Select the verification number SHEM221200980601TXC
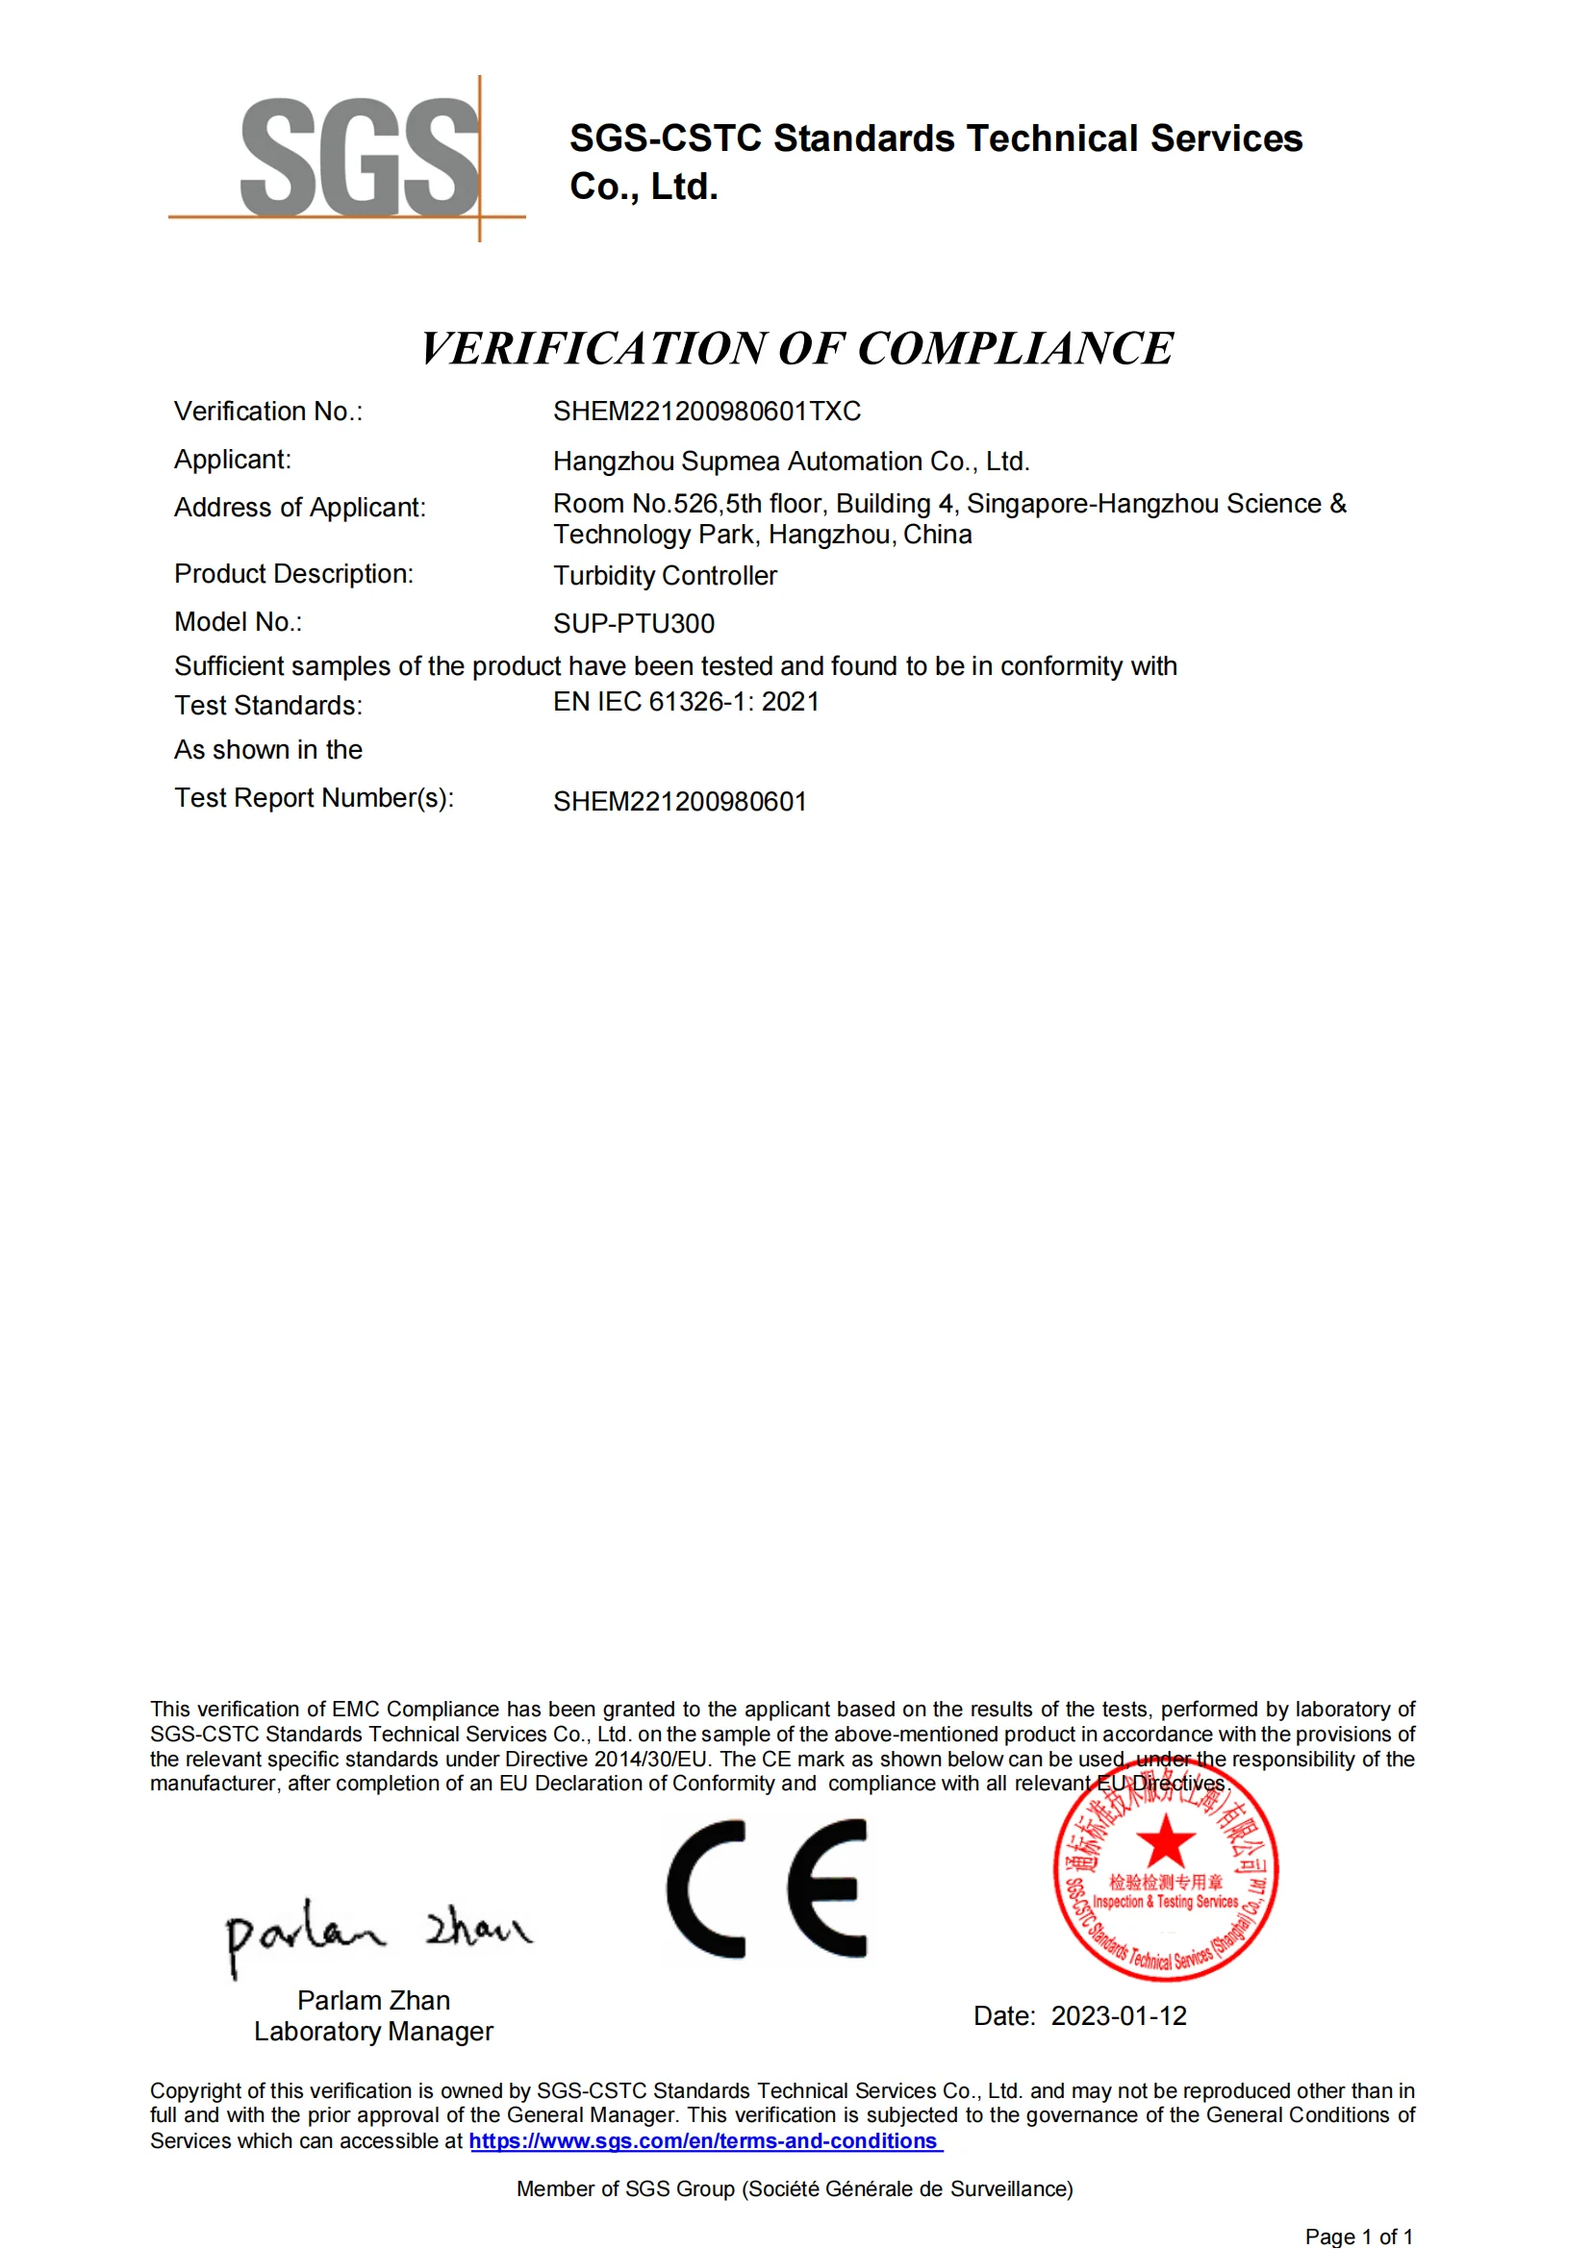tap(706, 412)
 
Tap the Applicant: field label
tap(232, 460)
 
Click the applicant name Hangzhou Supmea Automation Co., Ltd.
tap(791, 462)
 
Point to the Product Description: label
tap(293, 574)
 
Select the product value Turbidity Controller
tap(665, 576)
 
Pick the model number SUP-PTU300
tap(633, 624)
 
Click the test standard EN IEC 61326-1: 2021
tap(686, 702)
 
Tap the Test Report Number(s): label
tap(314, 798)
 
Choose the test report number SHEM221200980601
tap(679, 802)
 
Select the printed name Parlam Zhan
tap(373, 2000)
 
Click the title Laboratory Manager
tap(373, 2032)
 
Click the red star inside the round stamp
tap(1165, 1841)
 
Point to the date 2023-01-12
tap(1118, 2016)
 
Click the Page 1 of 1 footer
tap(1358, 2237)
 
